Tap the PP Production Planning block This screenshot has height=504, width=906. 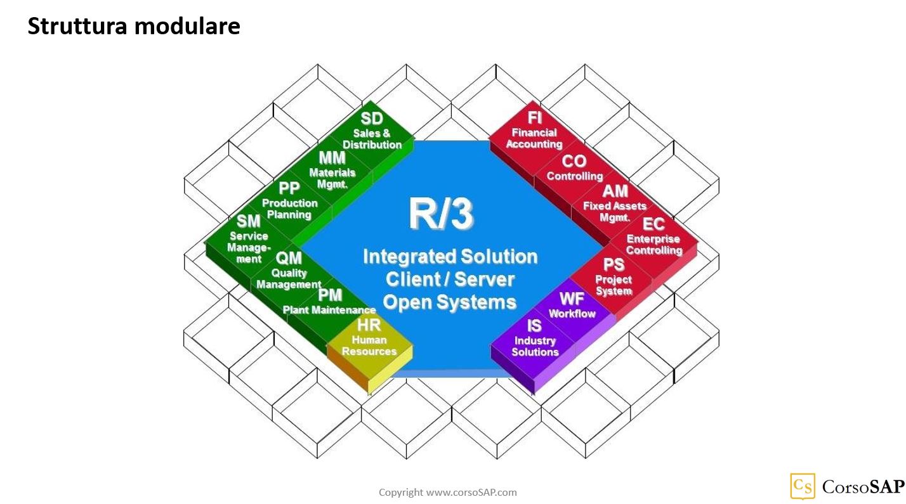(x=289, y=202)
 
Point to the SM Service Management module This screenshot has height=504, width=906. (x=248, y=240)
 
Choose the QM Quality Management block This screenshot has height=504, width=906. (x=289, y=271)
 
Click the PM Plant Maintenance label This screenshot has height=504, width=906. (x=329, y=303)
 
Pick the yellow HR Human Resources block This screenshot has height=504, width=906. (x=369, y=339)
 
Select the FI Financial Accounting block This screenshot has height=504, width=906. (x=534, y=131)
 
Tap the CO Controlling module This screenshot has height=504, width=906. (x=574, y=169)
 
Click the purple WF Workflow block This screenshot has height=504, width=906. (x=572, y=306)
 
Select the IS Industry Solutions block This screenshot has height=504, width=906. (x=534, y=339)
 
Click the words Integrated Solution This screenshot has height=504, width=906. (x=450, y=257)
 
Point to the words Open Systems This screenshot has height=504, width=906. (x=450, y=302)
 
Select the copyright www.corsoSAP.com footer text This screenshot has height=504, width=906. (x=447, y=492)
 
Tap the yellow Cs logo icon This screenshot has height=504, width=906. (x=803, y=486)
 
